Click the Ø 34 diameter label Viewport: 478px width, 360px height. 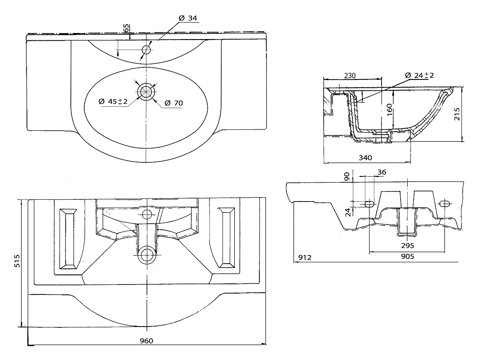click(x=188, y=18)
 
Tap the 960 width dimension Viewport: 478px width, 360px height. click(x=146, y=340)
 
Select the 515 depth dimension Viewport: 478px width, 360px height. click(x=17, y=261)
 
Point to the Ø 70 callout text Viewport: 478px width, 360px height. click(x=174, y=103)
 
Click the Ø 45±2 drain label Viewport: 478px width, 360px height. click(x=113, y=102)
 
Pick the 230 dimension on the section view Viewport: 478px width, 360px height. click(x=350, y=75)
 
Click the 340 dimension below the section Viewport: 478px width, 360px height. click(x=365, y=158)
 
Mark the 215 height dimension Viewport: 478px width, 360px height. click(x=457, y=114)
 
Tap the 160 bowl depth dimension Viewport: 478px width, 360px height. click(x=389, y=109)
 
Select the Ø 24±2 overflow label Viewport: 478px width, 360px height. click(x=419, y=75)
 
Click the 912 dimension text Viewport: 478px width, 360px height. click(x=305, y=258)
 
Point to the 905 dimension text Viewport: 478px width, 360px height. click(x=408, y=256)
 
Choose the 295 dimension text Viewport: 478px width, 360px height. click(x=408, y=245)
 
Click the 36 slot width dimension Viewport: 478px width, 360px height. click(x=382, y=172)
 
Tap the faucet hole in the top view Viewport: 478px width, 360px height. click(x=146, y=50)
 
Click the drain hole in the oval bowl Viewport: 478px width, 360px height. click(x=146, y=91)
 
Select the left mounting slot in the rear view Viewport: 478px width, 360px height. click(x=369, y=203)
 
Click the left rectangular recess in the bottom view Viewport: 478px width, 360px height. click(x=68, y=239)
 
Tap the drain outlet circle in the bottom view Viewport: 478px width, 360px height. click(x=147, y=255)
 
